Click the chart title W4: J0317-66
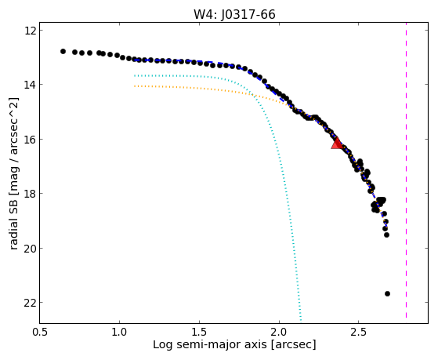tap(234, 15)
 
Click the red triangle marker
tap(337, 144)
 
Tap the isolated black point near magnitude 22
tap(387, 293)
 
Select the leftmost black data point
tap(63, 51)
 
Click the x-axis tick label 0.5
tap(40, 332)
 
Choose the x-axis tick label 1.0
tap(120, 332)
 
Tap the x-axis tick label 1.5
tap(199, 332)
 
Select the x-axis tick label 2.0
tap(279, 332)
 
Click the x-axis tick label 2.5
tap(359, 332)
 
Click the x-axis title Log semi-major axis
tap(209, 344)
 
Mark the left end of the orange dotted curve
tap(135, 86)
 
